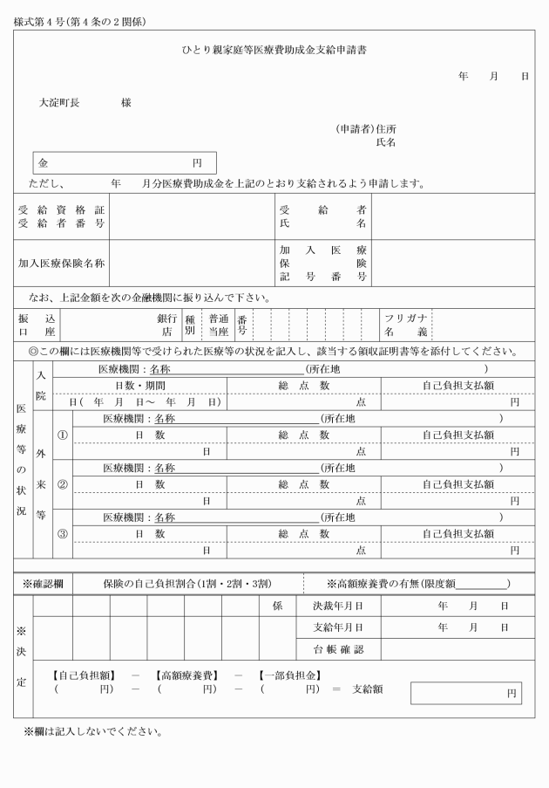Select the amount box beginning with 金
tap(125, 163)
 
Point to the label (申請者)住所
tap(366, 128)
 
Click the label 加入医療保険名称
tap(62, 263)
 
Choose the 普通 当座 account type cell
tap(217, 325)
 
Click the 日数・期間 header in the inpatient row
tap(140, 385)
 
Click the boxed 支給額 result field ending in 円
tap(466, 693)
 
